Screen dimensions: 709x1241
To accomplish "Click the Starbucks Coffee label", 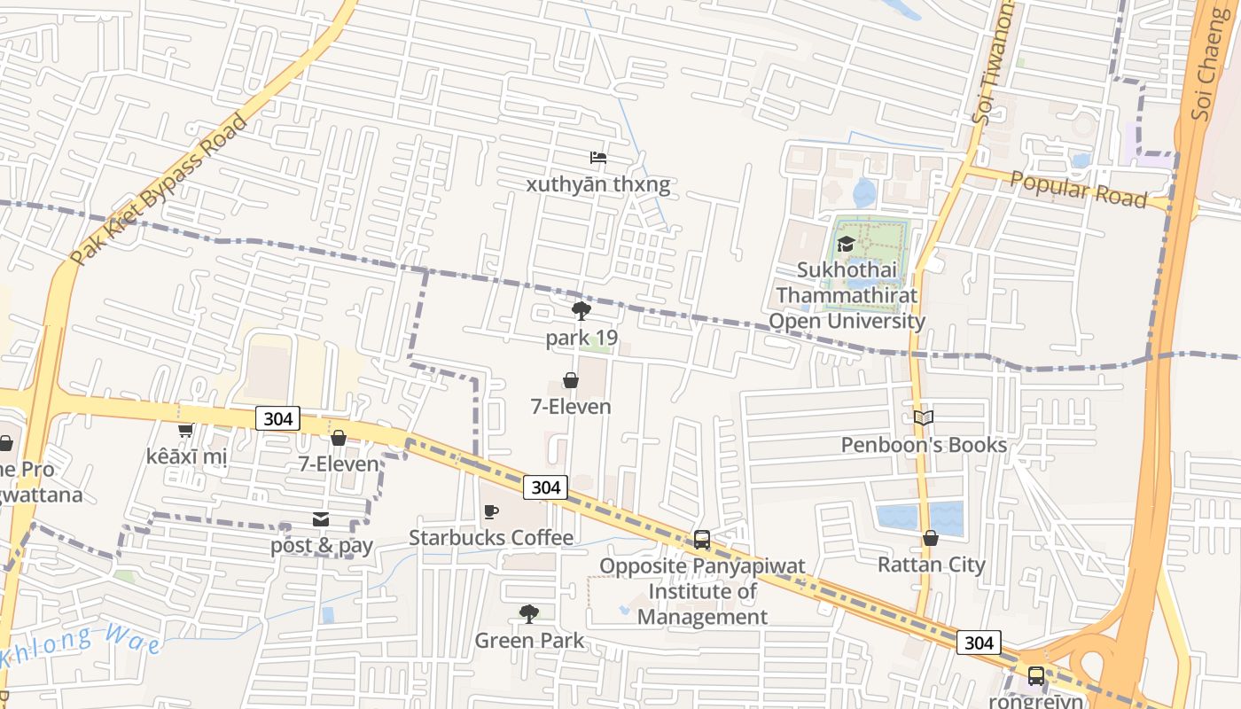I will tap(491, 538).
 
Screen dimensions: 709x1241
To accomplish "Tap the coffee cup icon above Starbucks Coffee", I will tap(491, 512).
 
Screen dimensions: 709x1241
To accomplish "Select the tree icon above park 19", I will tap(581, 311).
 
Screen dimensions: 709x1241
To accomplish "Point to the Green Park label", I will tap(529, 640).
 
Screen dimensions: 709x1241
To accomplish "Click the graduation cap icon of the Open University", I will tap(846, 244).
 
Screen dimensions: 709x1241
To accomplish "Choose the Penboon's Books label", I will tap(924, 444).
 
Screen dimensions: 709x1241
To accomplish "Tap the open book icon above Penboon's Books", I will tap(924, 417).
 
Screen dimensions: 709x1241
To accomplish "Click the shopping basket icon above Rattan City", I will tap(931, 538).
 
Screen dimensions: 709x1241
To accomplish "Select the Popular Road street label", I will tap(1078, 190).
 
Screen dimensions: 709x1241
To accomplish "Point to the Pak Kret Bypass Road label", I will tap(160, 190).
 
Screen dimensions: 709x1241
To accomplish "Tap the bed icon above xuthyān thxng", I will tap(598, 158).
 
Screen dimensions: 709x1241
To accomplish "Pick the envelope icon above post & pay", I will tap(321, 519).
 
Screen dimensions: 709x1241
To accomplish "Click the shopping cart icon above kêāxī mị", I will tap(185, 431).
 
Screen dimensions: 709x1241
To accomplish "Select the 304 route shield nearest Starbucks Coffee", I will tap(545, 487).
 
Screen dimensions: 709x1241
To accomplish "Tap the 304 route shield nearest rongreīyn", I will tap(979, 643).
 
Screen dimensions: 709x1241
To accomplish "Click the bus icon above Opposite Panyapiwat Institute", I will tap(702, 539).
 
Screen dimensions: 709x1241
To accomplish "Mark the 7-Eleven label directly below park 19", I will tap(571, 407).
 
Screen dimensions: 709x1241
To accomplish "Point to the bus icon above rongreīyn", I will tap(1035, 676).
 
